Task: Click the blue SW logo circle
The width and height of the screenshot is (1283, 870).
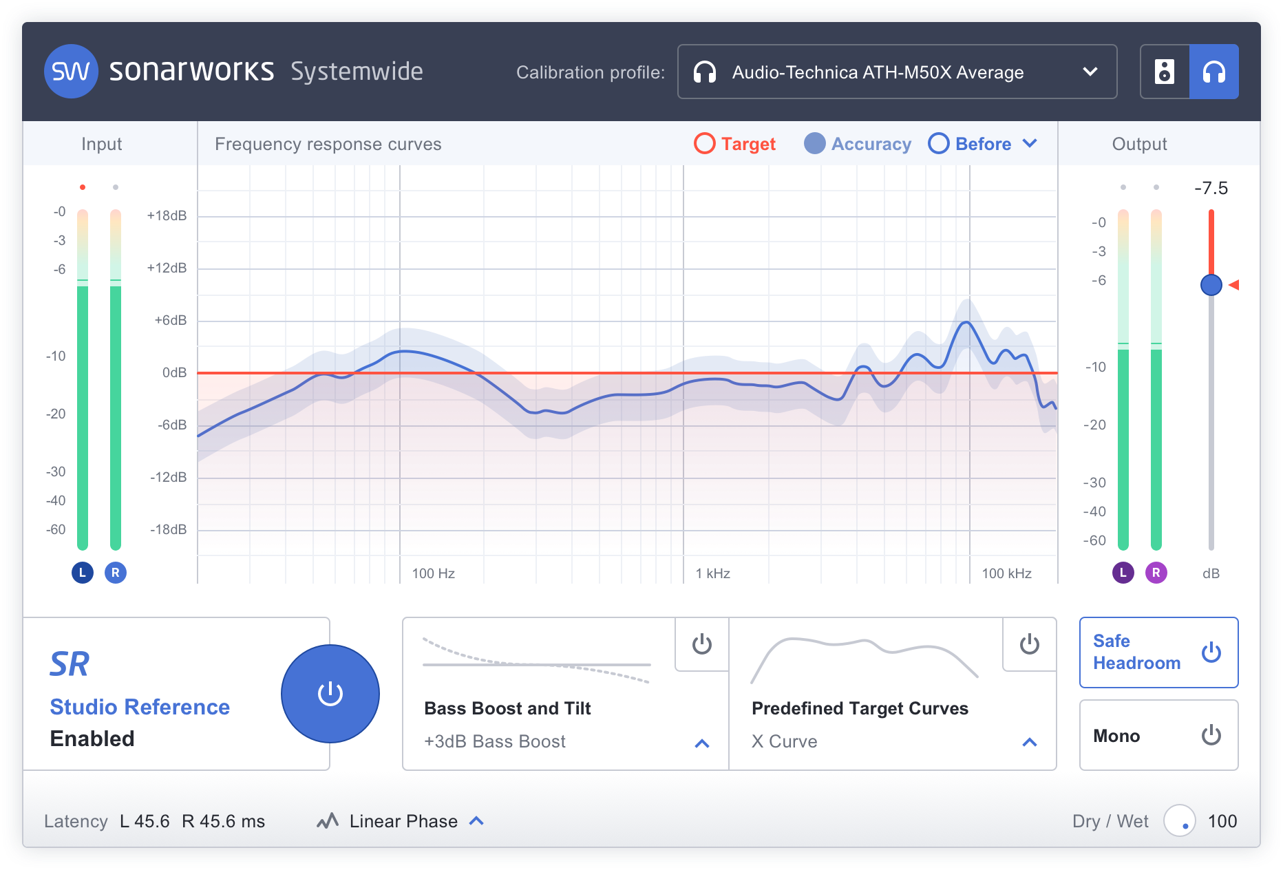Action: (70, 72)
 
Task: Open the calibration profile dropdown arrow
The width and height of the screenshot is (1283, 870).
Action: (1090, 72)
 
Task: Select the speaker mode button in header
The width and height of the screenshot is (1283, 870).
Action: (1165, 72)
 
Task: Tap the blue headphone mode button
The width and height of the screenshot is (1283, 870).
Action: (1214, 72)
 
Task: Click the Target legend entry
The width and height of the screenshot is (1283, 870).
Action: (735, 144)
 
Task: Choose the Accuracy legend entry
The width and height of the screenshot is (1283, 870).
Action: (858, 144)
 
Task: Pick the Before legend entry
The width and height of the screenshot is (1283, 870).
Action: (971, 144)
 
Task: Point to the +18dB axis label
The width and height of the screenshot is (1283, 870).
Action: (167, 215)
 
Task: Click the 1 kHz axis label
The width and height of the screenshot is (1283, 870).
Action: (713, 573)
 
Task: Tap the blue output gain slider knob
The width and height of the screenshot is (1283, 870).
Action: (1211, 284)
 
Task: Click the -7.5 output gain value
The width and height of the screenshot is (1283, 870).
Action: (1211, 188)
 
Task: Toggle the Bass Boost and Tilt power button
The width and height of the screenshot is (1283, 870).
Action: (702, 644)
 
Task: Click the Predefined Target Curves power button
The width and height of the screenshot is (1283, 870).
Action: (1030, 644)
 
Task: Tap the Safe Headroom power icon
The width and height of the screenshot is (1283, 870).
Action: (1211, 652)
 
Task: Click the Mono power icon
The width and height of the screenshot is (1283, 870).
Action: (1211, 735)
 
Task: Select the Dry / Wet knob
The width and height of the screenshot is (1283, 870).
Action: (1180, 820)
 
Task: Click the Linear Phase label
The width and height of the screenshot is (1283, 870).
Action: (403, 821)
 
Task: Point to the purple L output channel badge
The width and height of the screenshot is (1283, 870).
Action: (1123, 573)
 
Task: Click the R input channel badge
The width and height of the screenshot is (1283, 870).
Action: (116, 573)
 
